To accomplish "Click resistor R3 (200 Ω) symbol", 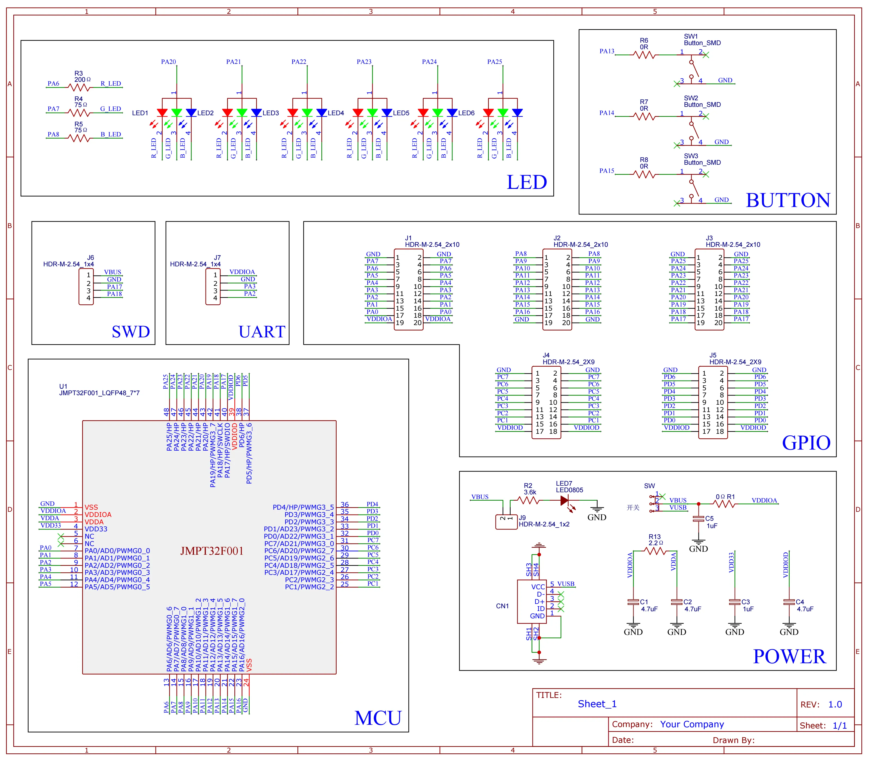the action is [x=79, y=88].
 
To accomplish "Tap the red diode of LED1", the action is [x=162, y=113].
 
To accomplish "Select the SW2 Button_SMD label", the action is [x=702, y=101].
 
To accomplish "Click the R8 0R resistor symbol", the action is [x=644, y=174].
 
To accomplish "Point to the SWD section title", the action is [x=131, y=332].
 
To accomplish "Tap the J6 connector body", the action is [x=86, y=287].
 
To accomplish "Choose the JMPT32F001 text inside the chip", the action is [x=212, y=551].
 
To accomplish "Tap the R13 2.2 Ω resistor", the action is [x=655, y=551].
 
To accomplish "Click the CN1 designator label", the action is [x=502, y=606].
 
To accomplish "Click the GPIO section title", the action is [x=806, y=443].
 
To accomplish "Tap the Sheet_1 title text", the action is [x=597, y=704].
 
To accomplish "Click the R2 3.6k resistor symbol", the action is [x=528, y=501].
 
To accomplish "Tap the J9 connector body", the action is [x=506, y=522].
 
